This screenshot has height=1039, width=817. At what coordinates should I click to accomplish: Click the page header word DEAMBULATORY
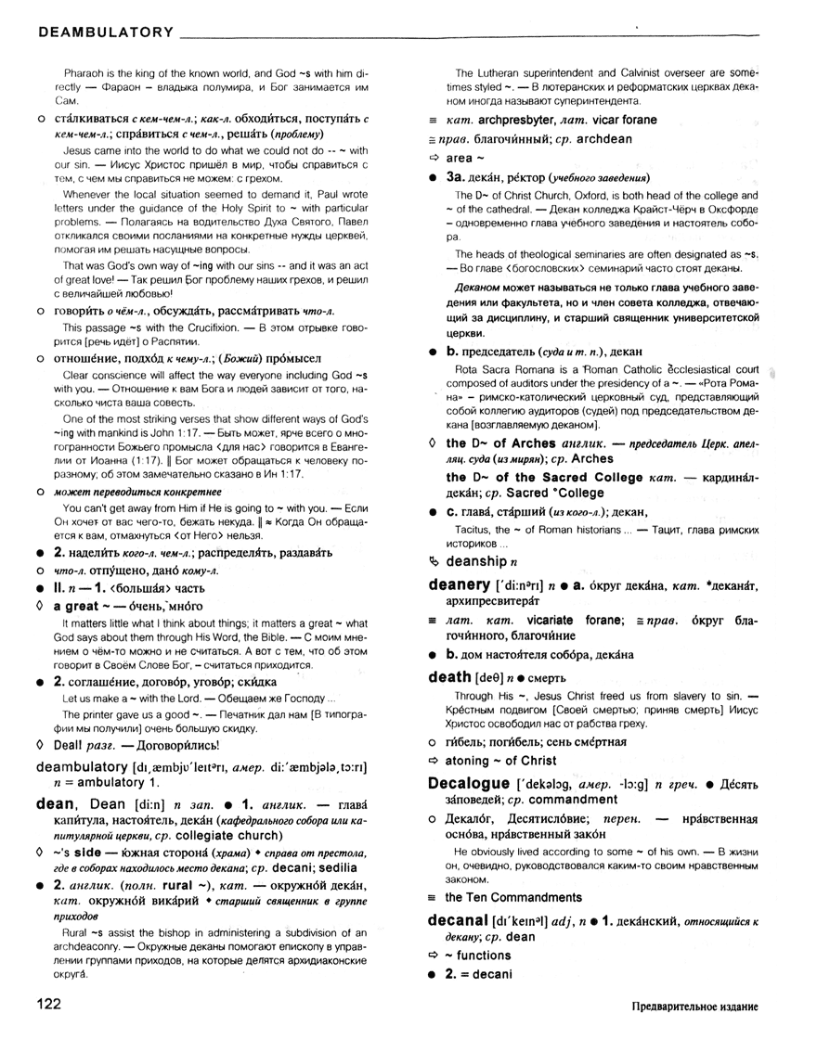[105, 32]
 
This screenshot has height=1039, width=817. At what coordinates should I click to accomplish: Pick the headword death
[449, 677]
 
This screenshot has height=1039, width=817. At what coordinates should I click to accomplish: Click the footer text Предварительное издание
[692, 1006]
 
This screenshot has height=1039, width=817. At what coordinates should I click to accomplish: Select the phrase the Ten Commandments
[513, 897]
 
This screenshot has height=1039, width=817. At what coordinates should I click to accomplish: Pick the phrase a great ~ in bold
[84, 605]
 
